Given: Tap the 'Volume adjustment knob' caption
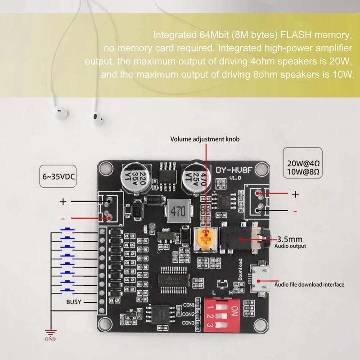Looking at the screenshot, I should click(205, 139).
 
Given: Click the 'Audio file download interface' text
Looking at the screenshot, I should click(310, 284).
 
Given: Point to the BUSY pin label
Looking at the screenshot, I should click(73, 302).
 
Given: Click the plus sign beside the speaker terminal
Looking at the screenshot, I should click(295, 194).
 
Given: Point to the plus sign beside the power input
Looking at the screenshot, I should click(63, 202).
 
